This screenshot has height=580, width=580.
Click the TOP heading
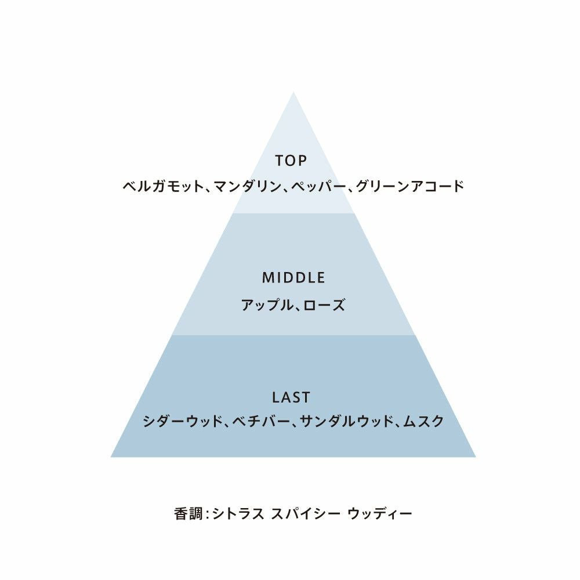(x=290, y=161)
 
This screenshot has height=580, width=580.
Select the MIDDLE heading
(x=293, y=278)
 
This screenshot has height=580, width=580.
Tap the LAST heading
(x=291, y=397)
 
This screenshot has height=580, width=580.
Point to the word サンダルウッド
(x=345, y=422)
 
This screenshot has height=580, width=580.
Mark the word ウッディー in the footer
(x=379, y=513)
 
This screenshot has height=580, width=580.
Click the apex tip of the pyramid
(x=293, y=92)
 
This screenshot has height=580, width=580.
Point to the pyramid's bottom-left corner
(x=112, y=456)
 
